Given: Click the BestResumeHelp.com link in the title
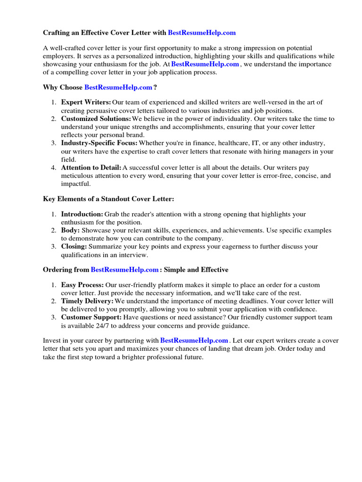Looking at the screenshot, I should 202,33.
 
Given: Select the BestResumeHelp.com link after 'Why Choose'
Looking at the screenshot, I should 118,87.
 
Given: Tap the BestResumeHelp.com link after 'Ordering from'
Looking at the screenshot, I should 124,270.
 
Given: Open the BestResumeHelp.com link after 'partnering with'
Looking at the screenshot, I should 194,340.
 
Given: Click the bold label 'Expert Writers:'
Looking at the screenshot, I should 86,102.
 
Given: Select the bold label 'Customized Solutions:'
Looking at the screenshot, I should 96,119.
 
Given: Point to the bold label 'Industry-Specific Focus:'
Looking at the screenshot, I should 99,143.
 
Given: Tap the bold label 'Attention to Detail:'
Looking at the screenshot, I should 91,167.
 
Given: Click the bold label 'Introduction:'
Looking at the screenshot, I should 82,214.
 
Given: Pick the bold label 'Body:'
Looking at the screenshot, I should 70,231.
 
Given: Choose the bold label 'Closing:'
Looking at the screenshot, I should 74,247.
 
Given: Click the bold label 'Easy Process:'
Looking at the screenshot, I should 82,285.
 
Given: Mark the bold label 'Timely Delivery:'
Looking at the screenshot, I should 87,301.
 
